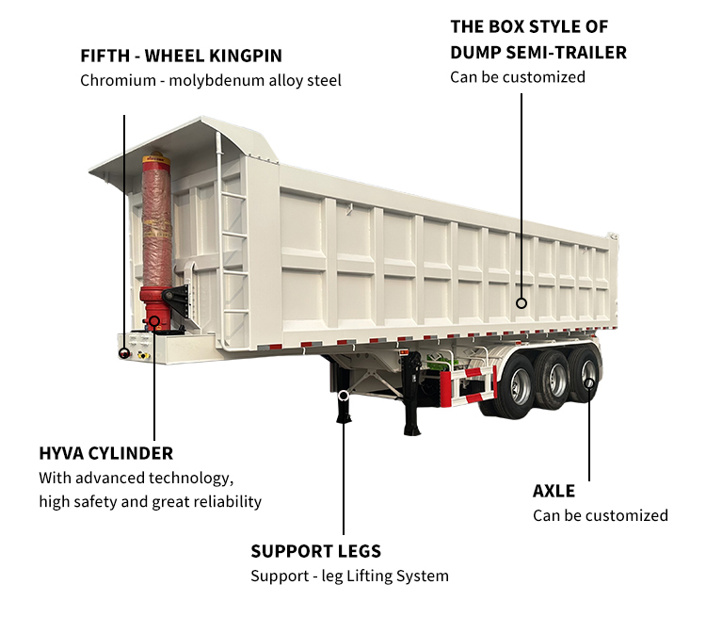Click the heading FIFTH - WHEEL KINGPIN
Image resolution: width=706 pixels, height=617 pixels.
click(181, 56)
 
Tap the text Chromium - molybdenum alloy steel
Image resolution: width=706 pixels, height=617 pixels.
click(210, 80)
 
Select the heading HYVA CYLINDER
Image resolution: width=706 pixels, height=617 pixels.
click(105, 453)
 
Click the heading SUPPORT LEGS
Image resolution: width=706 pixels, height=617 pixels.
click(315, 551)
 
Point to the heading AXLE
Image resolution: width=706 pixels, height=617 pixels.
click(554, 491)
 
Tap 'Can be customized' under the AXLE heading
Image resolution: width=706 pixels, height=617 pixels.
click(600, 515)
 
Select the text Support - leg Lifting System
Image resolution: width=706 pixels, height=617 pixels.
click(349, 576)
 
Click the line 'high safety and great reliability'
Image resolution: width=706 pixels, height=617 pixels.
click(150, 501)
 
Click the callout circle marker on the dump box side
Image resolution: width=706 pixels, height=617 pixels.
click(521, 303)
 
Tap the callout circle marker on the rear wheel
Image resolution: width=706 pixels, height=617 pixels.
click(590, 382)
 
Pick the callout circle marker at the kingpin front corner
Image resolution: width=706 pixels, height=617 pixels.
click(123, 352)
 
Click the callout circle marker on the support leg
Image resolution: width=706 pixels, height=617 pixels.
click(344, 395)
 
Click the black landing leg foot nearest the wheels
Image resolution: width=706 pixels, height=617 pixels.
click(412, 430)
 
